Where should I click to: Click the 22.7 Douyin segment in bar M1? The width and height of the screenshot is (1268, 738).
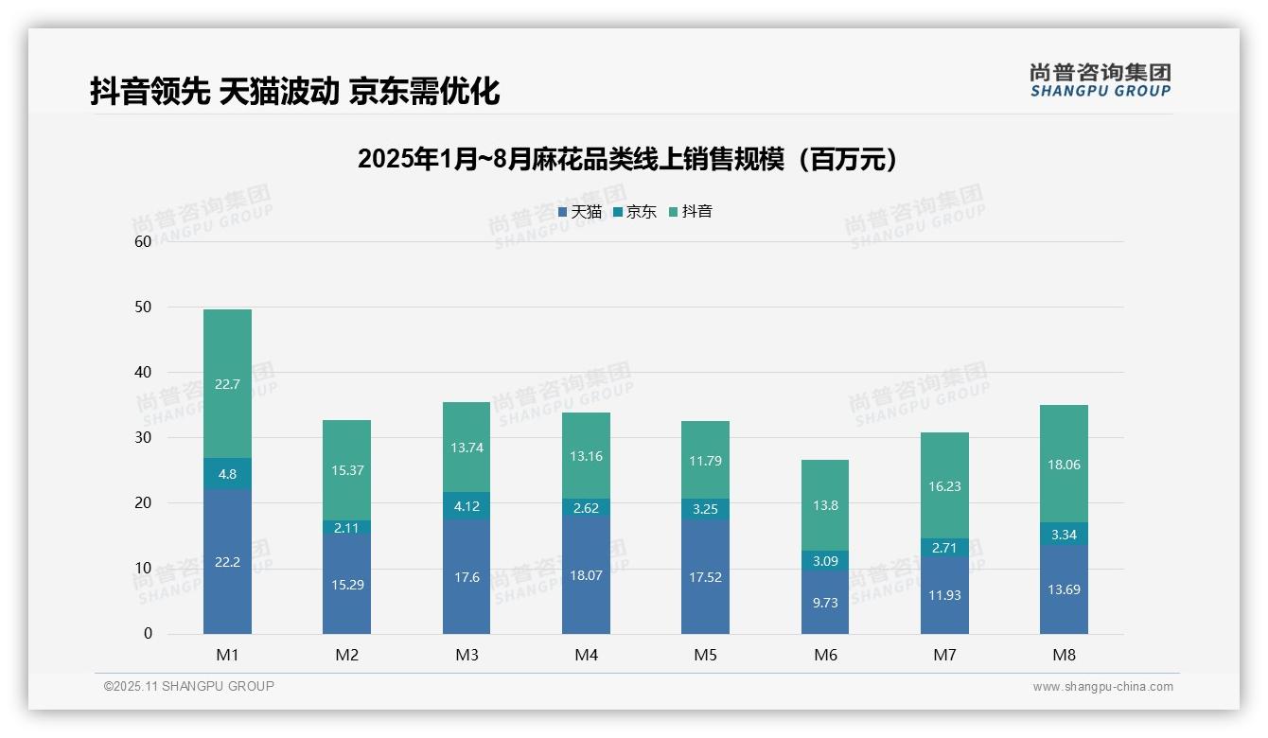click(x=227, y=383)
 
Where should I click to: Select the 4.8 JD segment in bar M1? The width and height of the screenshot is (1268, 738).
click(x=227, y=473)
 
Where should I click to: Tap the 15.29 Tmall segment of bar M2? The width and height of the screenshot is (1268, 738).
click(x=346, y=584)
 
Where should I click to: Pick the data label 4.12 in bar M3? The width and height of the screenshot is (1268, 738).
click(x=467, y=506)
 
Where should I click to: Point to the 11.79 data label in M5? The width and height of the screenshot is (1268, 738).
click(x=705, y=461)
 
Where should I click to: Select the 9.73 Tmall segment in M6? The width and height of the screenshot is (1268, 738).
click(x=825, y=602)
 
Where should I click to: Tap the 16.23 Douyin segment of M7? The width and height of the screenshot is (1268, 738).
click(x=944, y=486)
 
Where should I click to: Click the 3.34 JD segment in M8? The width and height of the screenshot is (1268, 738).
click(x=1064, y=535)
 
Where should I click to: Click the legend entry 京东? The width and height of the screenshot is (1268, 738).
click(x=635, y=212)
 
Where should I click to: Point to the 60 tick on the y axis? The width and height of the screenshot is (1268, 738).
click(x=143, y=241)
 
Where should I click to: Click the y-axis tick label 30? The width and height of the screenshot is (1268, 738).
click(x=143, y=438)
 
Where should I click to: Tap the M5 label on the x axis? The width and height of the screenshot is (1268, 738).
click(x=705, y=655)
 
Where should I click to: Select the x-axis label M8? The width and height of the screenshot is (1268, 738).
click(x=1064, y=655)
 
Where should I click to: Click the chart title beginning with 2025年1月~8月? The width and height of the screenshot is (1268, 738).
click(x=627, y=159)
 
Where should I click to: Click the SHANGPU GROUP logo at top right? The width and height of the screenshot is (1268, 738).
click(x=1100, y=80)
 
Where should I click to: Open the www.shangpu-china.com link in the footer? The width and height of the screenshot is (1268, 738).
click(x=1102, y=687)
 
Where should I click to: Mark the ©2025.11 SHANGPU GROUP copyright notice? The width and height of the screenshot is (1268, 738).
click(x=189, y=686)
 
